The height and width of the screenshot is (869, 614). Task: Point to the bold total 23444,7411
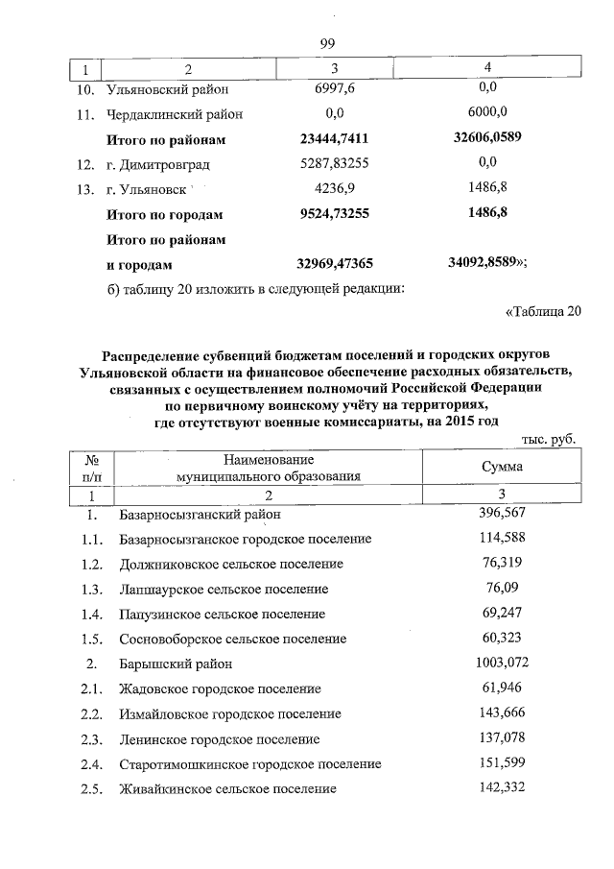(x=334, y=139)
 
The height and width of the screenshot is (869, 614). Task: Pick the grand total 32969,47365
(x=334, y=263)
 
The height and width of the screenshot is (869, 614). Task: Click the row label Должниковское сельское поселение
(x=231, y=564)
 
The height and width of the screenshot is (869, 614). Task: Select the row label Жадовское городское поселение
(x=220, y=688)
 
